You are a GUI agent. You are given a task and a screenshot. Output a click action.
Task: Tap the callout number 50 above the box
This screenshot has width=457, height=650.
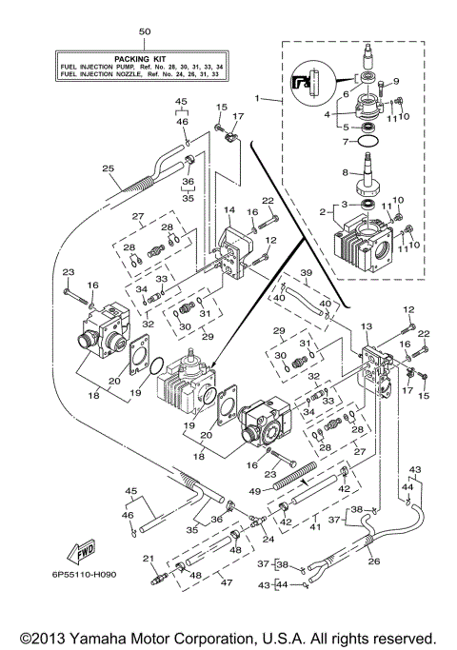tap(144, 32)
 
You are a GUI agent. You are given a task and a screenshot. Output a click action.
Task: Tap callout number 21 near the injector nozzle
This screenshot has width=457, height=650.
tap(148, 558)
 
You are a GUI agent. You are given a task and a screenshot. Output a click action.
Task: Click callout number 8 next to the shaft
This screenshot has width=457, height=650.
tap(346, 172)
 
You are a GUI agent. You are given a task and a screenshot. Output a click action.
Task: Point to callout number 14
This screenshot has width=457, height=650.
tap(229, 208)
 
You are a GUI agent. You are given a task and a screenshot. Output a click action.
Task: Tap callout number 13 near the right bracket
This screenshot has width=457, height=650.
tap(366, 326)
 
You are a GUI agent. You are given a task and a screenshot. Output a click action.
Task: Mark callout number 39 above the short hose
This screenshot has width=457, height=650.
tap(306, 272)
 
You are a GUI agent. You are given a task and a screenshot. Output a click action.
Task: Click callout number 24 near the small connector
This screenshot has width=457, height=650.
tap(268, 540)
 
